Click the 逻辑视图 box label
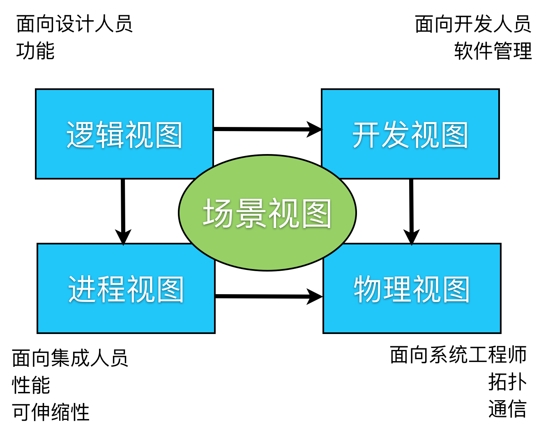pyautogui.click(x=124, y=135)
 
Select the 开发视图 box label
pyautogui.click(x=410, y=135)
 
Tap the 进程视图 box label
pyautogui.click(x=126, y=289)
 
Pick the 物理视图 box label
pyautogui.click(x=412, y=289)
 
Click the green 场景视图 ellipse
pyautogui.click(x=267, y=213)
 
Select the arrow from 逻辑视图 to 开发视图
pyautogui.click(x=263, y=129)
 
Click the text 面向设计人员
pyautogui.click(x=74, y=24)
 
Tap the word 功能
pyautogui.click(x=35, y=51)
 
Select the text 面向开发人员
pyautogui.click(x=473, y=24)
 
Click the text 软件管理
pyautogui.click(x=493, y=51)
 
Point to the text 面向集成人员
pyautogui.click(x=70, y=358)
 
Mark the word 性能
pyautogui.click(x=31, y=385)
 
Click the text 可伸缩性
pyautogui.click(x=51, y=412)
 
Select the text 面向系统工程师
pyautogui.click(x=458, y=355)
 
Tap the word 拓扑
pyautogui.click(x=507, y=382)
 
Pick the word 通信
pyautogui.click(x=507, y=409)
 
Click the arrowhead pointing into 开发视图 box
pyautogui.click(x=314, y=129)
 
